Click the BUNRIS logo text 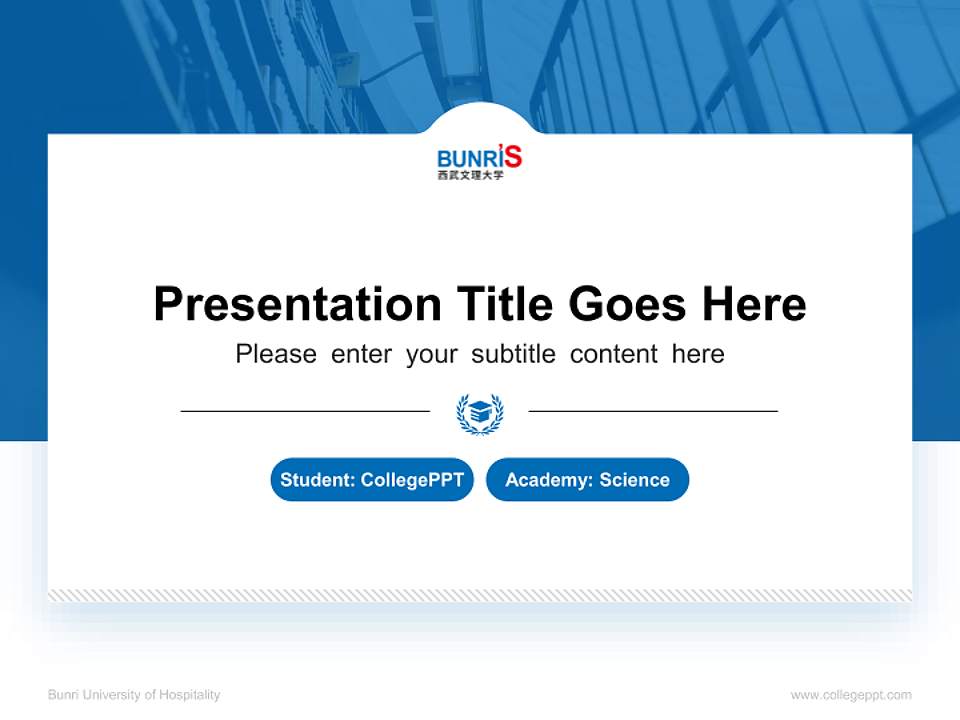(479, 157)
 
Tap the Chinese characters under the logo (470, 176)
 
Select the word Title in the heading (505, 304)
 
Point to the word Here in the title (754, 304)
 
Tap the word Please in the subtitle (276, 354)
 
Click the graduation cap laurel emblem (480, 412)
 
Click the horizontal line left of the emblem (305, 411)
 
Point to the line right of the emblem (653, 411)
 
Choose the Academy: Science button (587, 480)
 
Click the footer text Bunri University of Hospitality (134, 695)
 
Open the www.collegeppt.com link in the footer (851, 695)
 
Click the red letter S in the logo (512, 156)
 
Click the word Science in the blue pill (634, 480)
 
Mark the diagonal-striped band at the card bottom (480, 595)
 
